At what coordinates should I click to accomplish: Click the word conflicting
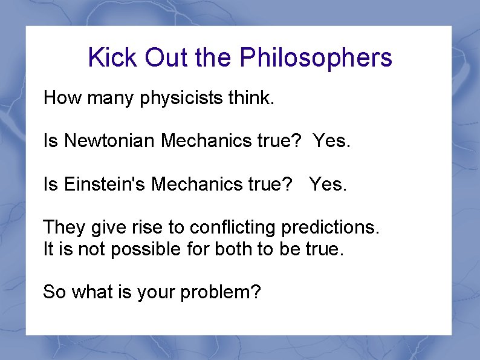pos(233,227)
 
